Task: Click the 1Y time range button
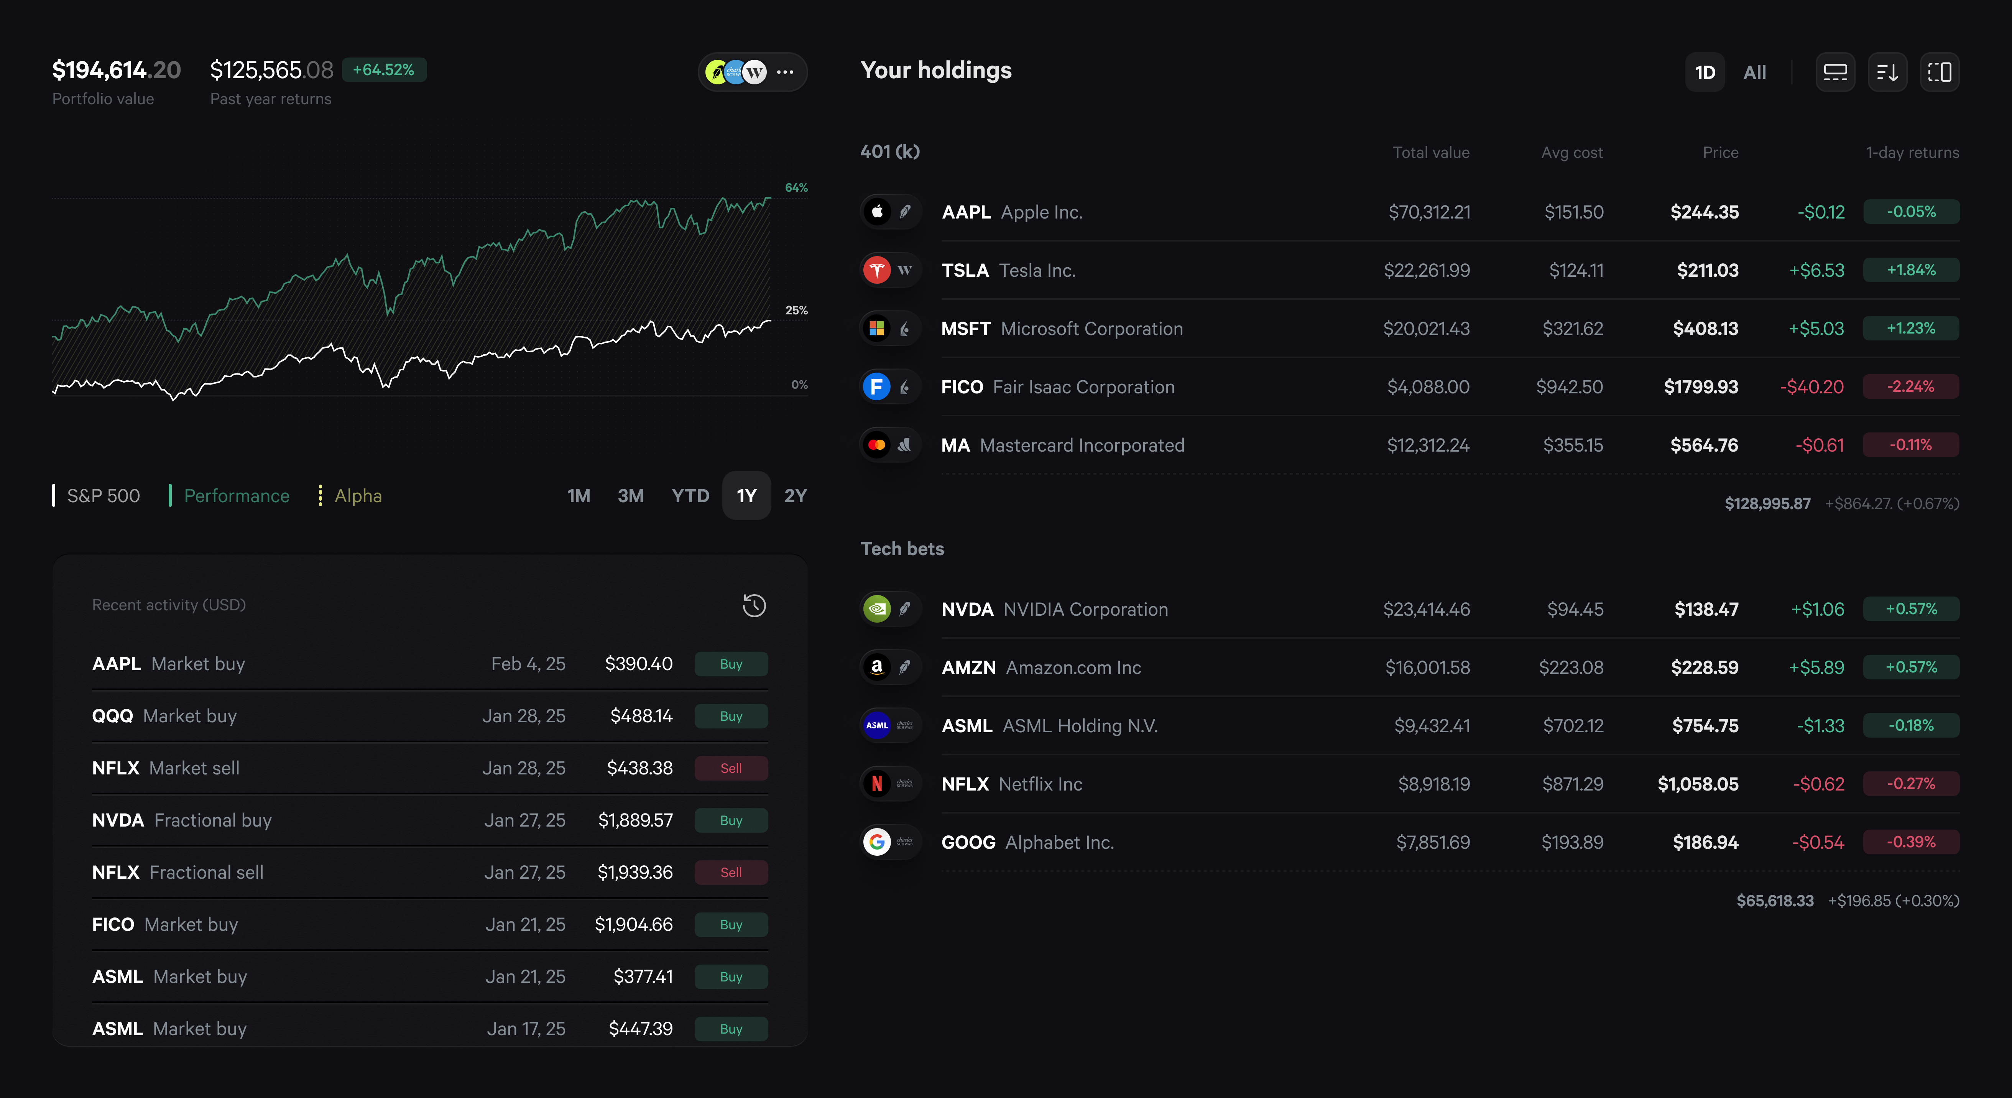(746, 496)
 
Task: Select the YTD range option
(690, 496)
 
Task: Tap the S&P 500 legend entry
(102, 496)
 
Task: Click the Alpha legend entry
(357, 496)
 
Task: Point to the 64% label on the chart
(796, 187)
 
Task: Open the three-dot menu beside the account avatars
(785, 72)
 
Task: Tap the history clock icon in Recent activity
(754, 605)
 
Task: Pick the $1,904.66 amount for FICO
(633, 925)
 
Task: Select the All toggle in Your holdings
(1754, 72)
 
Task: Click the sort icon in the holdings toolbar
(1887, 72)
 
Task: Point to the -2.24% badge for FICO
(1910, 386)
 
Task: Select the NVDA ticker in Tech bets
(967, 609)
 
